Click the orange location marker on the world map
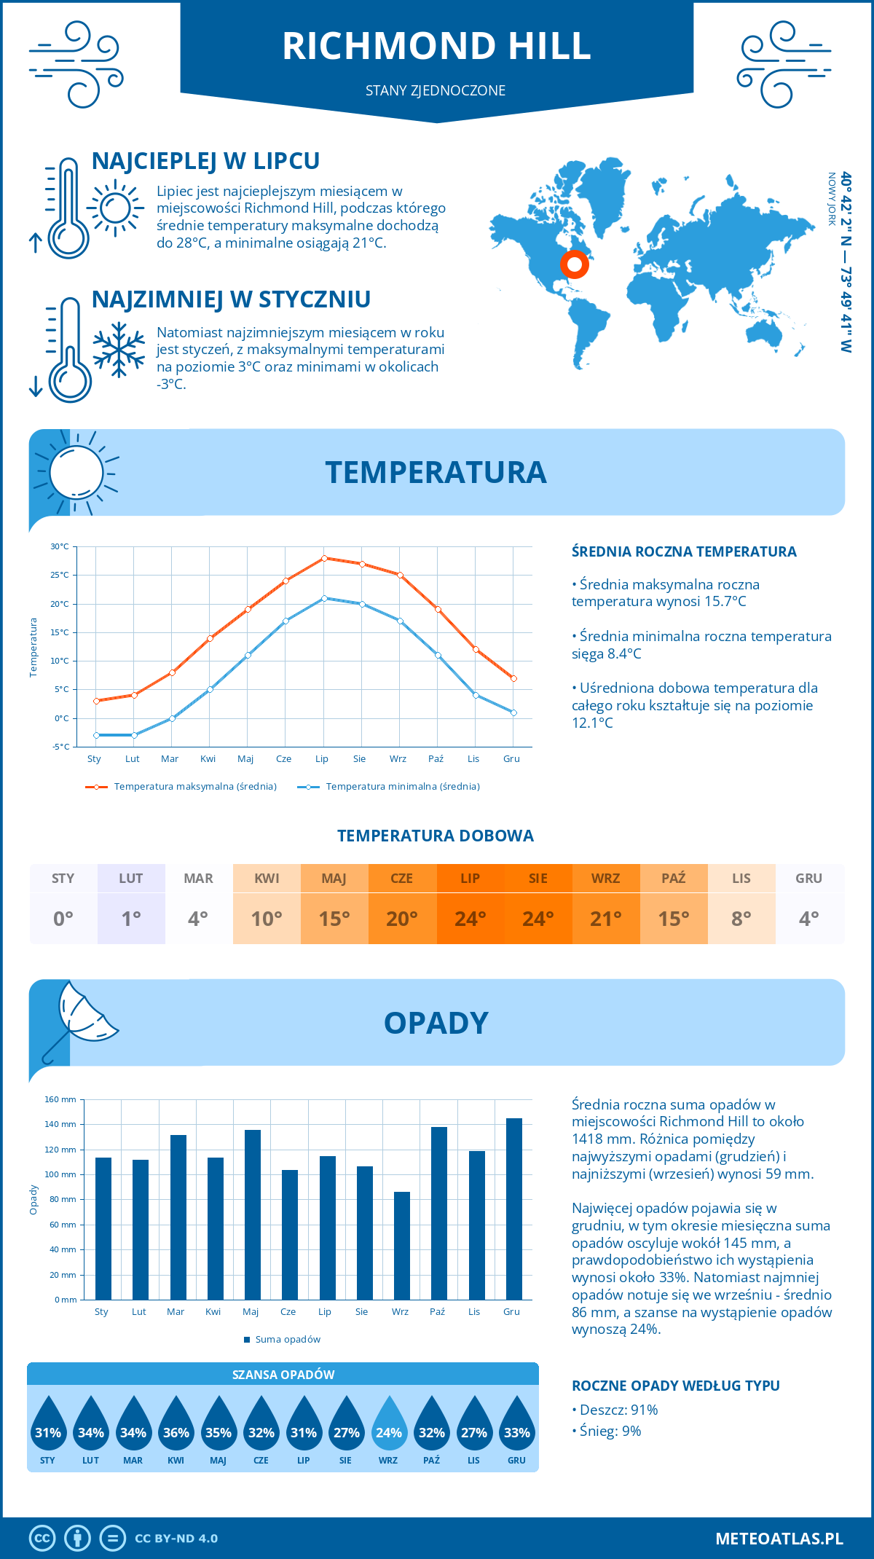575,264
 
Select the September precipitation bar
402,1246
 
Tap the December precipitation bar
514,1209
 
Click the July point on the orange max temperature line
324,558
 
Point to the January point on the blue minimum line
96,735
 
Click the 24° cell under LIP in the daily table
470,919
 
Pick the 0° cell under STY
63,919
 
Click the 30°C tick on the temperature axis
60,546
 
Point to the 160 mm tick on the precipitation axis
61,1099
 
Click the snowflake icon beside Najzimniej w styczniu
119,350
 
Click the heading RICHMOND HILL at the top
436,46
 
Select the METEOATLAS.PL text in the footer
779,1539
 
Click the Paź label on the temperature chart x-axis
436,759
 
